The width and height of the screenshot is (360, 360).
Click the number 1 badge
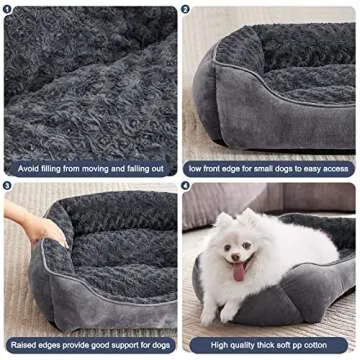(9, 9)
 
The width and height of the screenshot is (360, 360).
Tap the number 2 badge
(186, 9)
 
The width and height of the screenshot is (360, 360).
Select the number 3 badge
(9, 186)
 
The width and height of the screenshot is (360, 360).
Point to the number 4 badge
(186, 186)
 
